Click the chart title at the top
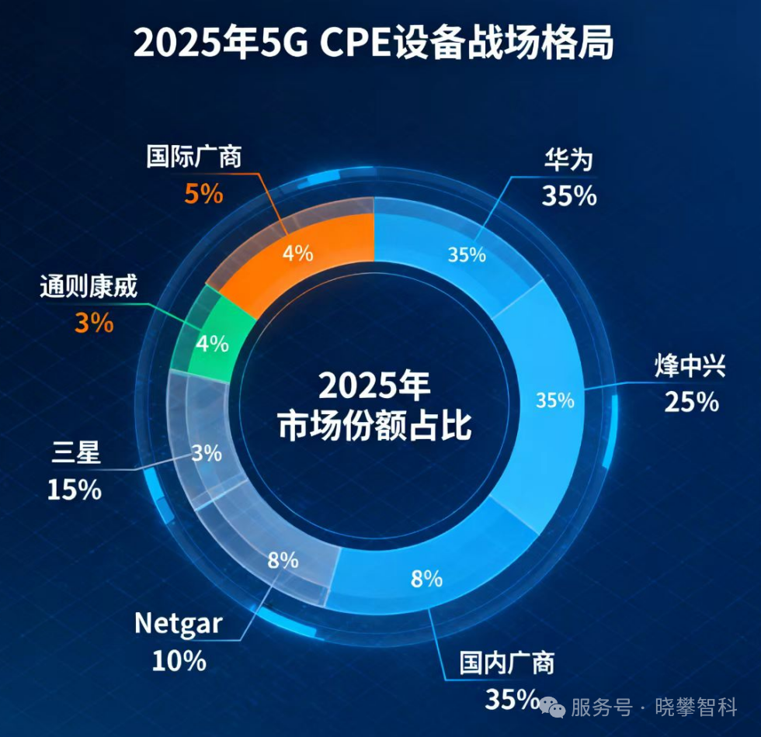pos(374,43)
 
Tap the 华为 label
pos(568,159)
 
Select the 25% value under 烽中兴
pos(691,402)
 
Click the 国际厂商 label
pos(194,157)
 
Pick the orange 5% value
pos(203,193)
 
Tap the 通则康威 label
pos(88,288)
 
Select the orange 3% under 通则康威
pos(94,323)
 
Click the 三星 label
pos(77,452)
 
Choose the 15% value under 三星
pos(75,490)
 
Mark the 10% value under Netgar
pos(179,661)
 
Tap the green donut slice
pos(214,341)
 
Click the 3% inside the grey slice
pos(207,453)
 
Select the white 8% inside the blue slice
pos(426,577)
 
